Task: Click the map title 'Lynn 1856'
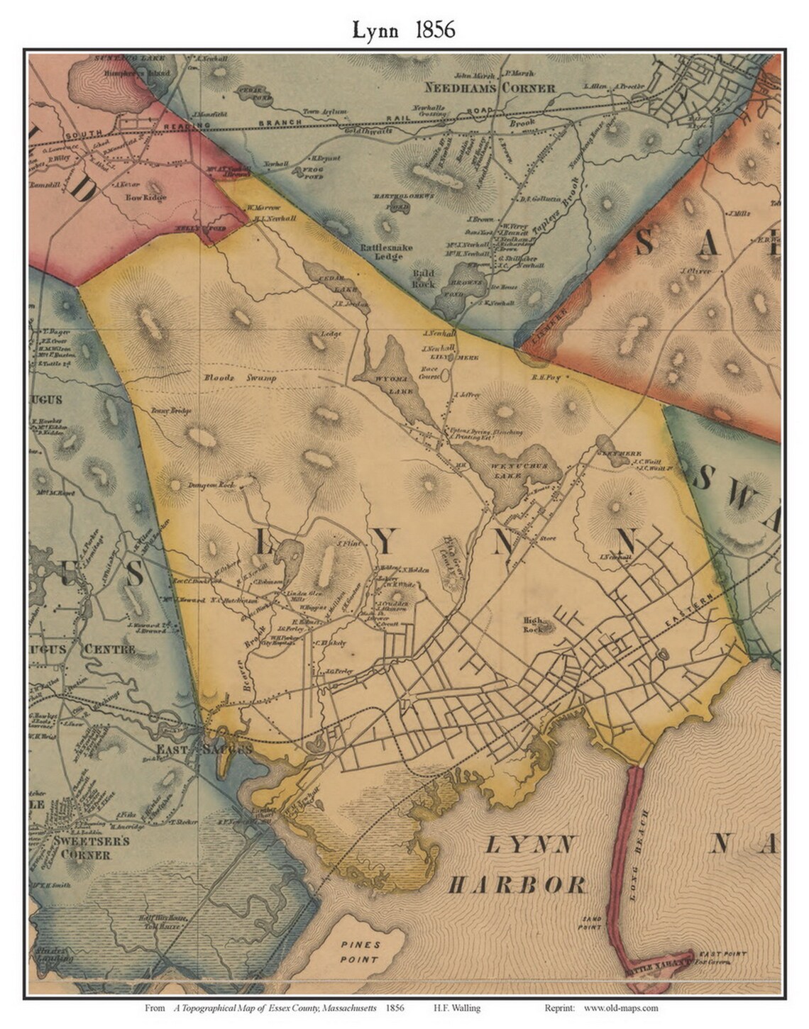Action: pos(404,29)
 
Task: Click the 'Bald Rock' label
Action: pos(424,278)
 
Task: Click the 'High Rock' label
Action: pos(532,624)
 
